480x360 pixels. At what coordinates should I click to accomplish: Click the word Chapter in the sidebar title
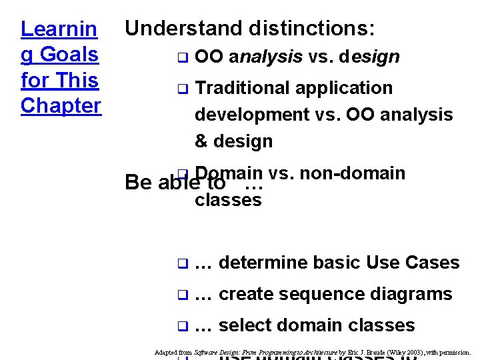tap(61, 105)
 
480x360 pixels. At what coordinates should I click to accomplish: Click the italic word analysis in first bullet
tap(265, 57)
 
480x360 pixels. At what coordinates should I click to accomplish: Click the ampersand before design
tap(201, 141)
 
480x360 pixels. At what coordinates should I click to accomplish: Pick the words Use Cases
tap(413, 263)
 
